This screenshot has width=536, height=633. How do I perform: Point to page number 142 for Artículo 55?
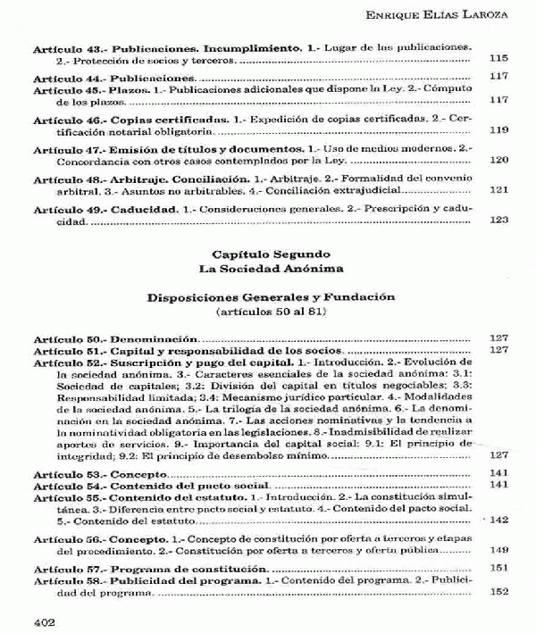pyautogui.click(x=498, y=520)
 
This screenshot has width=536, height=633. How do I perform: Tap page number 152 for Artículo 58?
pyautogui.click(x=499, y=593)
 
